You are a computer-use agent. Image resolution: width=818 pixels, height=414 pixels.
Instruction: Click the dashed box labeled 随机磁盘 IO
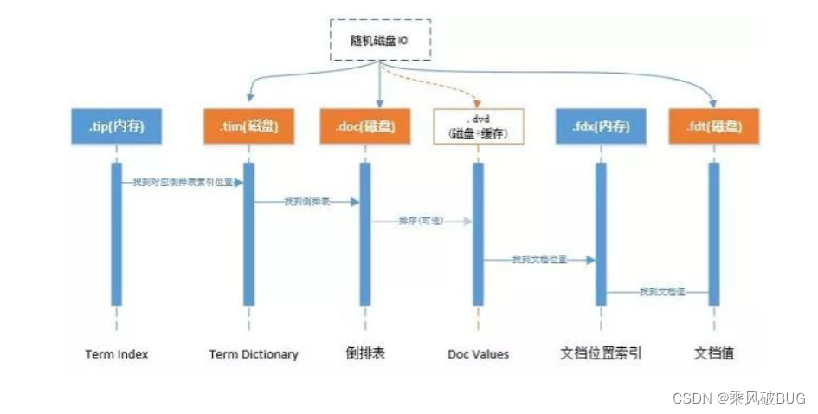click(380, 39)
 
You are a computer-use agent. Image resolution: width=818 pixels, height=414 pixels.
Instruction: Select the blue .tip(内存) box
click(116, 126)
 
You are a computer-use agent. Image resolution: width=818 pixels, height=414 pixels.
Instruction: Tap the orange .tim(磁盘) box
click(248, 126)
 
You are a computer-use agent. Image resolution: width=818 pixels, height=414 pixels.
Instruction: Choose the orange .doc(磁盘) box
click(364, 126)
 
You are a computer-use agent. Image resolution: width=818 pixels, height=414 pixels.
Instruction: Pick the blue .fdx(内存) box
click(601, 126)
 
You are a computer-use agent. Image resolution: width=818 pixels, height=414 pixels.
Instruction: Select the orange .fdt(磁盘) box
click(714, 126)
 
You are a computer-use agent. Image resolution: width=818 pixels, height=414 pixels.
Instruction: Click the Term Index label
click(117, 354)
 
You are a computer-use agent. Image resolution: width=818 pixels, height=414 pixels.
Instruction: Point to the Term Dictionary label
click(254, 354)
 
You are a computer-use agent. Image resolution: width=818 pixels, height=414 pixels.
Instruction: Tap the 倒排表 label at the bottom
click(364, 353)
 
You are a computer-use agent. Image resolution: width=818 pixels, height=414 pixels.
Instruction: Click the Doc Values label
click(478, 354)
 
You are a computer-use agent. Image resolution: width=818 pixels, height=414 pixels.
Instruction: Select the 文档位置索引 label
click(601, 353)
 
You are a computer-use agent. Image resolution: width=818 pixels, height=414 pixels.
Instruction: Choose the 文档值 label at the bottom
click(715, 353)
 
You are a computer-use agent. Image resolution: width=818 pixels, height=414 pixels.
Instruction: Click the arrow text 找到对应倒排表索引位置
click(182, 183)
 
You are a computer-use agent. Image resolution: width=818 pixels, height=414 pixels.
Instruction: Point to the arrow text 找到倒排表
click(306, 201)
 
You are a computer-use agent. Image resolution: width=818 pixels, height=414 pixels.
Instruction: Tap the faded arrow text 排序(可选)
click(420, 221)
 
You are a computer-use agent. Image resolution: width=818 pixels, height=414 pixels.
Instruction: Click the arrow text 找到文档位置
click(538, 259)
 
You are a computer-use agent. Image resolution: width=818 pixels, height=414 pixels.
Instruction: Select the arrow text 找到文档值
click(662, 292)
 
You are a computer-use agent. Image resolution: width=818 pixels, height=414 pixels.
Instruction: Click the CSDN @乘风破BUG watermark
click(738, 398)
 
